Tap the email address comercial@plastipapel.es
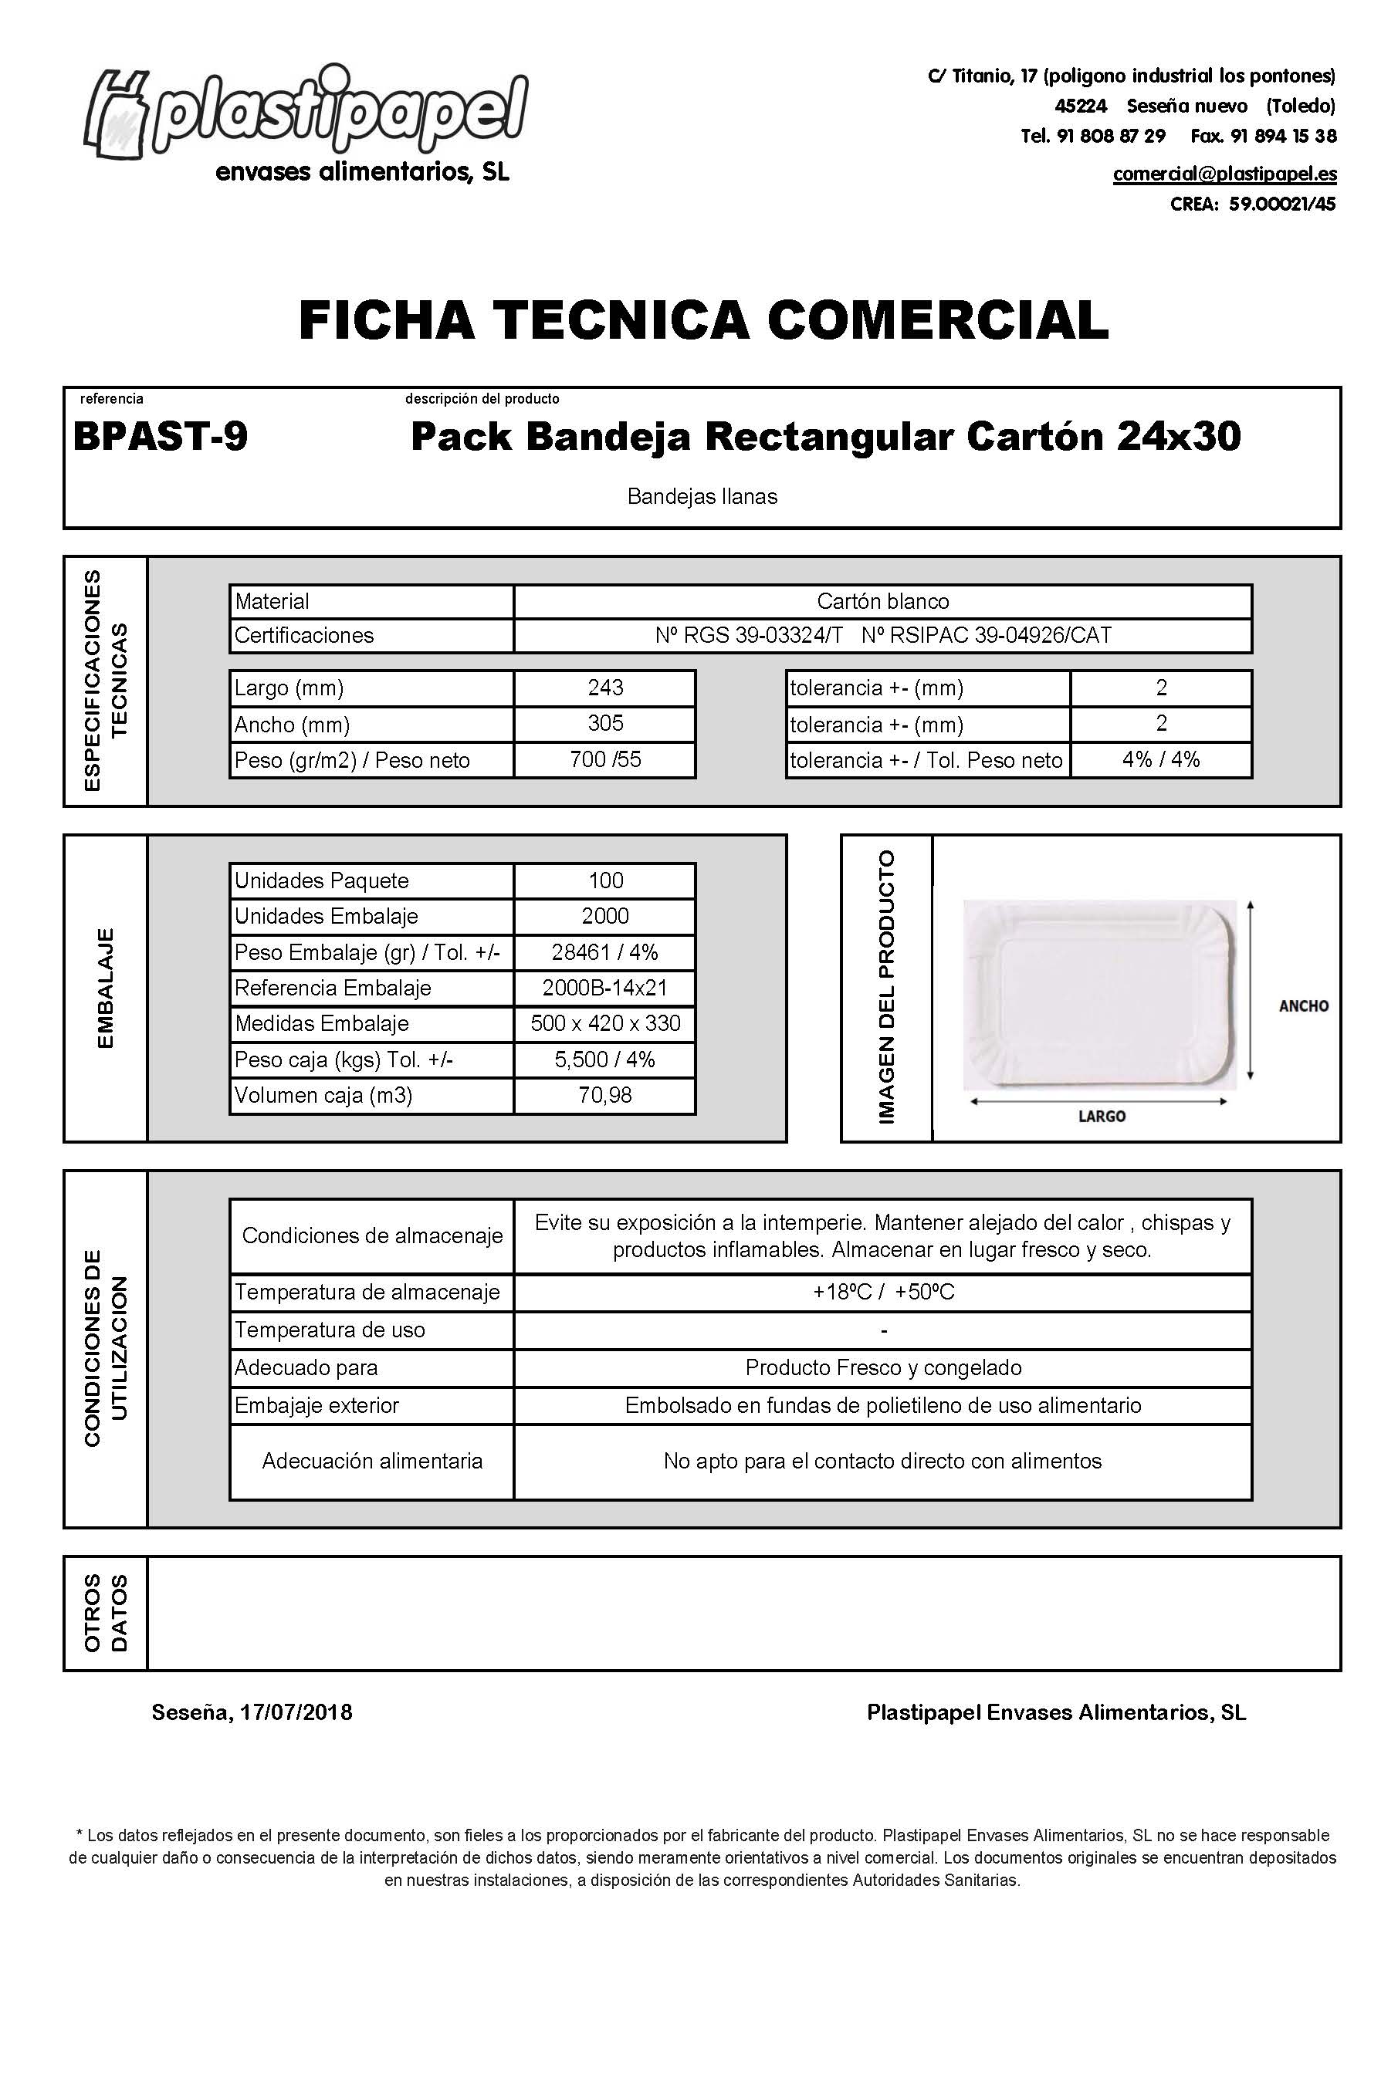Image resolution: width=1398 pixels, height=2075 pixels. (1224, 174)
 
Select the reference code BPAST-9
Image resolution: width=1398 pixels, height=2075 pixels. (161, 437)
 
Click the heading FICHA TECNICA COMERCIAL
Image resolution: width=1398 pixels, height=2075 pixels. (703, 320)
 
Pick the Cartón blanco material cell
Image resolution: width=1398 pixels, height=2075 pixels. (882, 602)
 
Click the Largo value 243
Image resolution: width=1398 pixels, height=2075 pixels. (605, 688)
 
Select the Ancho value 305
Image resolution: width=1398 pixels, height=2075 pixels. (605, 724)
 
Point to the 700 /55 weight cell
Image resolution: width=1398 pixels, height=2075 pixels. (605, 759)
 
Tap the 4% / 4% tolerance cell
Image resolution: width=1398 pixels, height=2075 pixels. (1161, 759)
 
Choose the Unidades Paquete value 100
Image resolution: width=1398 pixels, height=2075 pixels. (605, 880)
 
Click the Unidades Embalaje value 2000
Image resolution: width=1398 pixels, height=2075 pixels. (605, 916)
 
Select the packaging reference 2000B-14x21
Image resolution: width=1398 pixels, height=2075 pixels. (605, 988)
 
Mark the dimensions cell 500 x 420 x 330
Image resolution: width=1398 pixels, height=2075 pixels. (605, 1023)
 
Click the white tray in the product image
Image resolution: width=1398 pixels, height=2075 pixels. (1101, 994)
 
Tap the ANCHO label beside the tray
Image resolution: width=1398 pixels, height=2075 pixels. (1302, 1005)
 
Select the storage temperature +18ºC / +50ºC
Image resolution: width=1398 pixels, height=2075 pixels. (882, 1293)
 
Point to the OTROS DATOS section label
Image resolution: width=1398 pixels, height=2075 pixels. (105, 1613)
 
